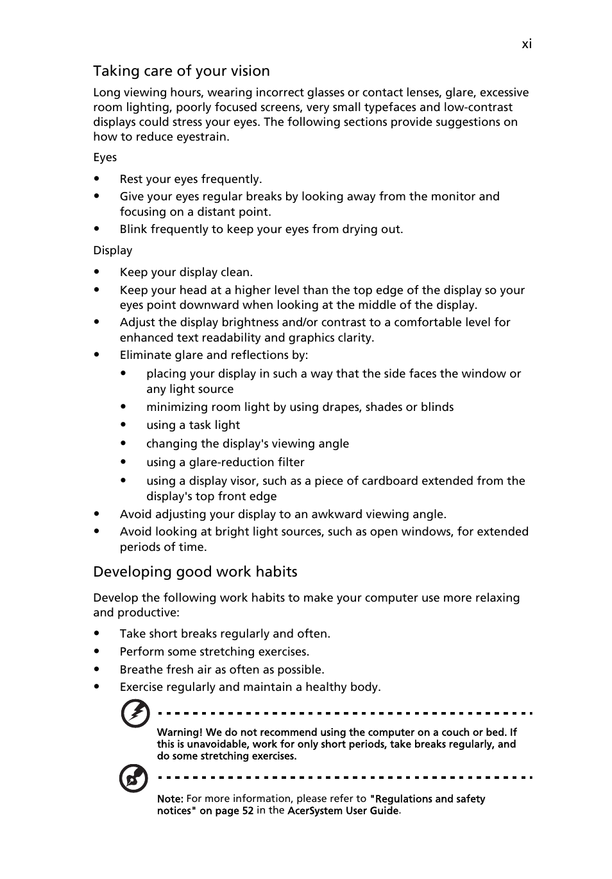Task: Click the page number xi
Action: (526, 44)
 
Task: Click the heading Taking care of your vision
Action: (181, 71)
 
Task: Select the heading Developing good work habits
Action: (195, 571)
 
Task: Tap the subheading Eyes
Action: (105, 157)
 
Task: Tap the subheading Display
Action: (112, 250)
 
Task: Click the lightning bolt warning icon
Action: (135, 713)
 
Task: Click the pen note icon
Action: (133, 779)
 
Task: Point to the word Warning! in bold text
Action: (180, 732)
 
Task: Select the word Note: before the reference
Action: (170, 799)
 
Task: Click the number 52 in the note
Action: (247, 811)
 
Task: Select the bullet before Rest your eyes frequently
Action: (97, 179)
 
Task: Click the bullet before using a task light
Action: (123, 425)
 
